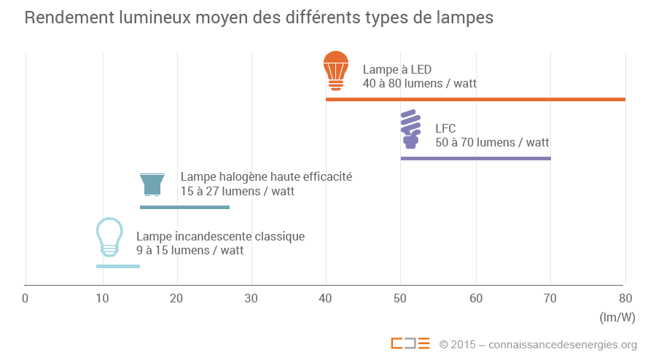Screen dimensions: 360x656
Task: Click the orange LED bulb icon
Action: pos(336,70)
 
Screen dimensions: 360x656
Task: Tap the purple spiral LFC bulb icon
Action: pos(411,129)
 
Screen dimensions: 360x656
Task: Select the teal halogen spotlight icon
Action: pos(151,184)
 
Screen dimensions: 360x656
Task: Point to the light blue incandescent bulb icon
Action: pos(109,238)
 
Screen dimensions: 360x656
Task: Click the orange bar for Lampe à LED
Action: pos(475,99)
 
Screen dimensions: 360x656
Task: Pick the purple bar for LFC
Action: pos(475,158)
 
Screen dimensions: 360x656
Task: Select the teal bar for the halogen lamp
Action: pos(184,208)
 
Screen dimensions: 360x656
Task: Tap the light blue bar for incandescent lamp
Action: pos(117,266)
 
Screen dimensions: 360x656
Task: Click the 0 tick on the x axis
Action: pos(25,298)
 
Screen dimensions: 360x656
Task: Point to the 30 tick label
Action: pos(251,298)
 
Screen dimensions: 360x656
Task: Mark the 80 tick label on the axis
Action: pos(625,298)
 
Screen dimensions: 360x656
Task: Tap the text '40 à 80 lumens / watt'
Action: pos(419,83)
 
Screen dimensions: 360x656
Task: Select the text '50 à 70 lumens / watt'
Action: pos(492,142)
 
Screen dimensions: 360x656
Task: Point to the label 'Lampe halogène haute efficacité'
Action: pos(266,177)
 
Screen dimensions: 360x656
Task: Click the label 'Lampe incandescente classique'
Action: pos(220,237)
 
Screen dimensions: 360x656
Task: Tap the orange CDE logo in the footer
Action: pos(410,344)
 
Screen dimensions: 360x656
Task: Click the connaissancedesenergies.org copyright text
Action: pos(538,345)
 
